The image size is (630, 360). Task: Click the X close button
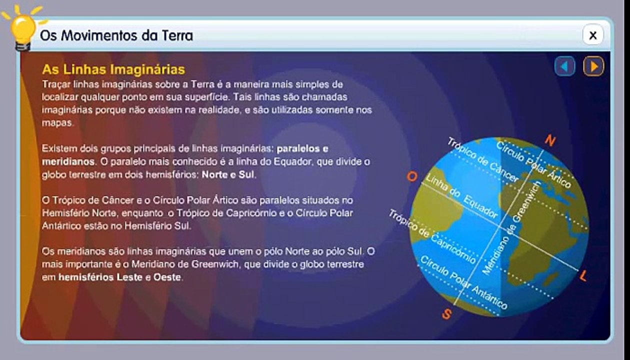[x=593, y=35]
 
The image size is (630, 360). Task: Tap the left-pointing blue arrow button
[x=564, y=66]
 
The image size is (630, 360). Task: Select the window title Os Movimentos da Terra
[x=116, y=35]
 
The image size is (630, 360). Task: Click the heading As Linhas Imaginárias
[x=113, y=68]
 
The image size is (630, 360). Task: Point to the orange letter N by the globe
[x=550, y=141]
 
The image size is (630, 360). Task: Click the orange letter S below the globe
[x=447, y=314]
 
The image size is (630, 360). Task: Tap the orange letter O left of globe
[x=412, y=177]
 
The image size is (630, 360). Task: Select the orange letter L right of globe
[x=583, y=275]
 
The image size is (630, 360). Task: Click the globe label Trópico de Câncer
[x=482, y=159]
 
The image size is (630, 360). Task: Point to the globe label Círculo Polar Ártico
[x=532, y=164]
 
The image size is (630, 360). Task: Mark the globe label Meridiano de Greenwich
[x=508, y=227]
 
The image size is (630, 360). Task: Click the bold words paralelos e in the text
[x=302, y=149]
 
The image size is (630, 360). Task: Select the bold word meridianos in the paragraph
[x=68, y=162]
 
